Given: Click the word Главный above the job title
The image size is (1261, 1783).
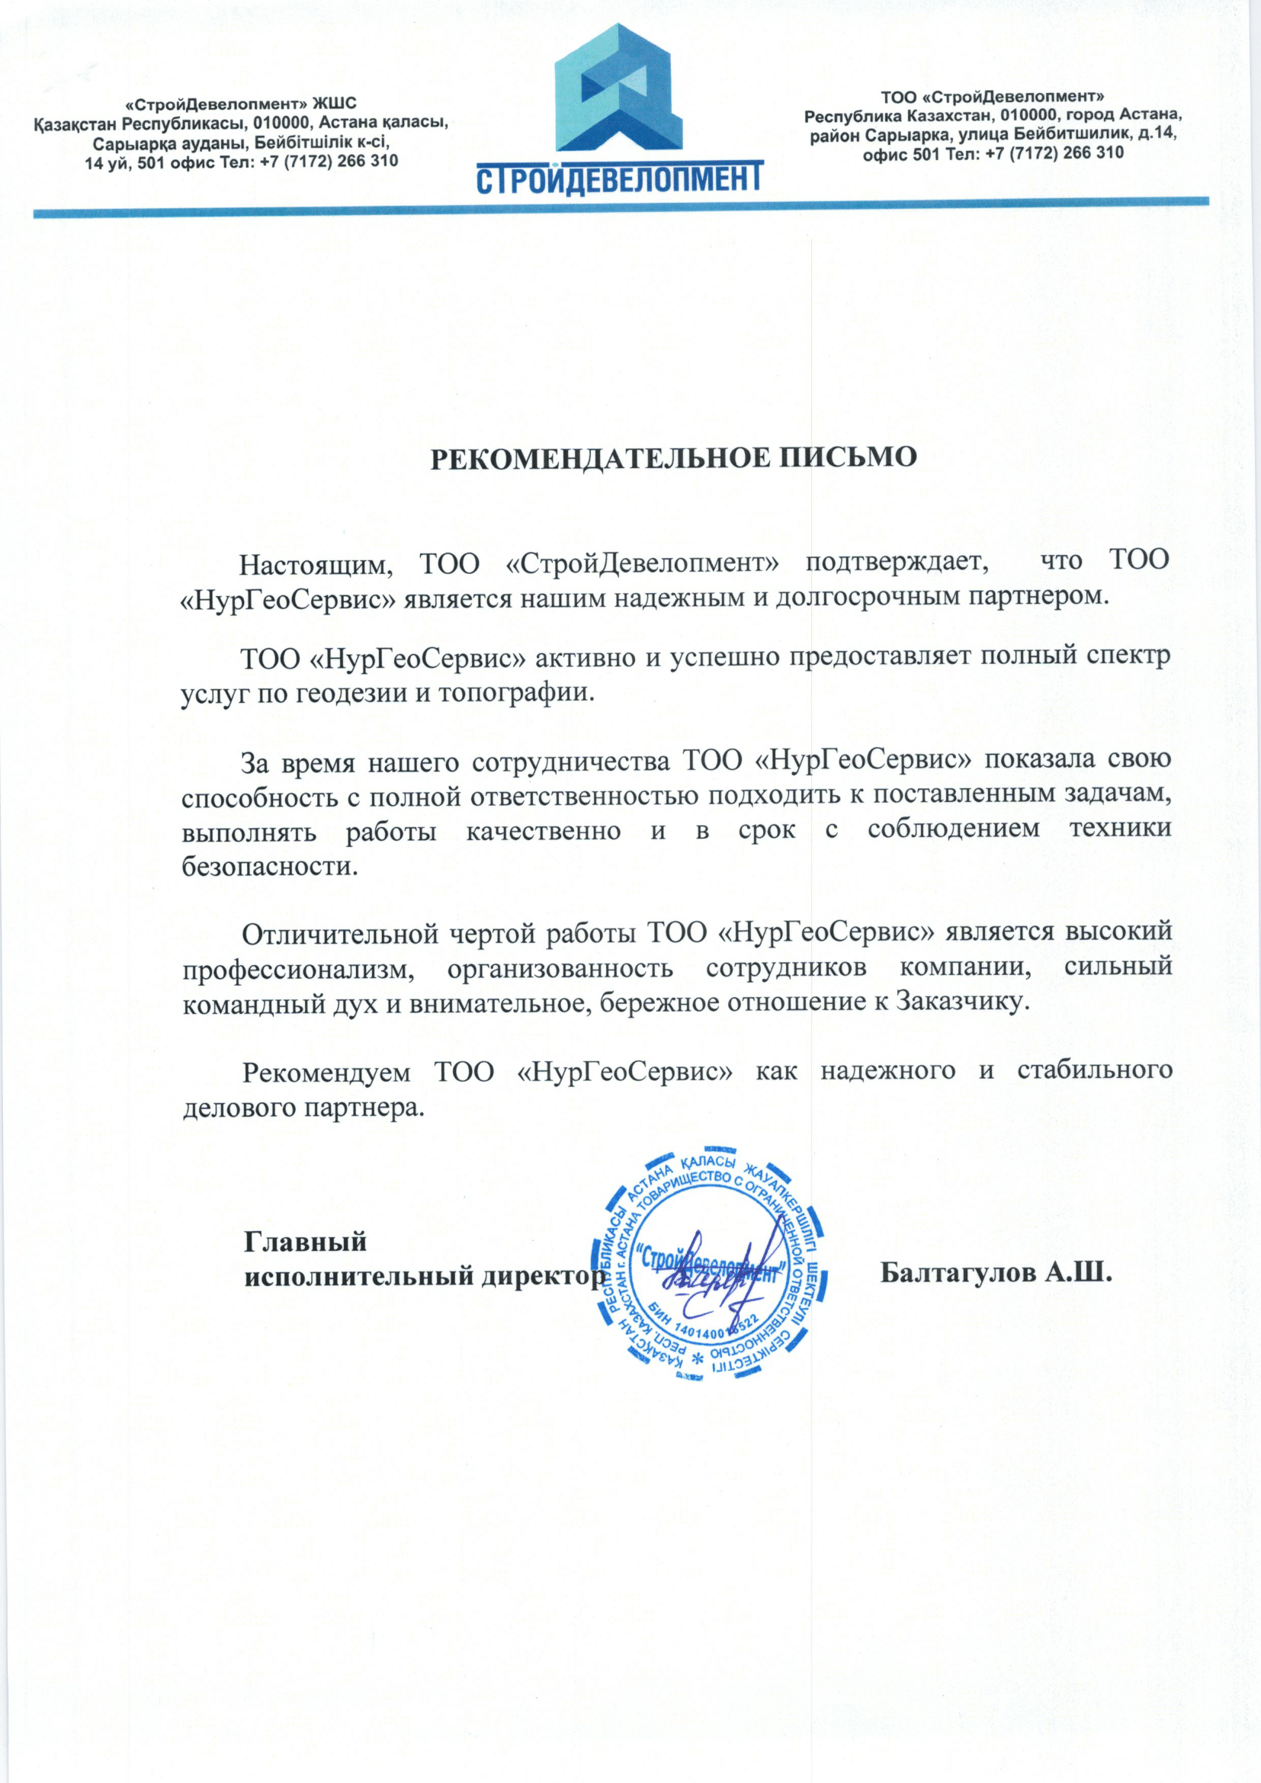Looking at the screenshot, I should (x=305, y=1241).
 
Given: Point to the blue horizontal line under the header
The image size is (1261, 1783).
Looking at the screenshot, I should (x=621, y=207).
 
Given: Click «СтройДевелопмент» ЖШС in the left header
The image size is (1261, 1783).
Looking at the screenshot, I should (x=242, y=103).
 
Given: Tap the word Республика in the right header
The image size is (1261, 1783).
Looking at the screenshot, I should (x=850, y=117).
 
